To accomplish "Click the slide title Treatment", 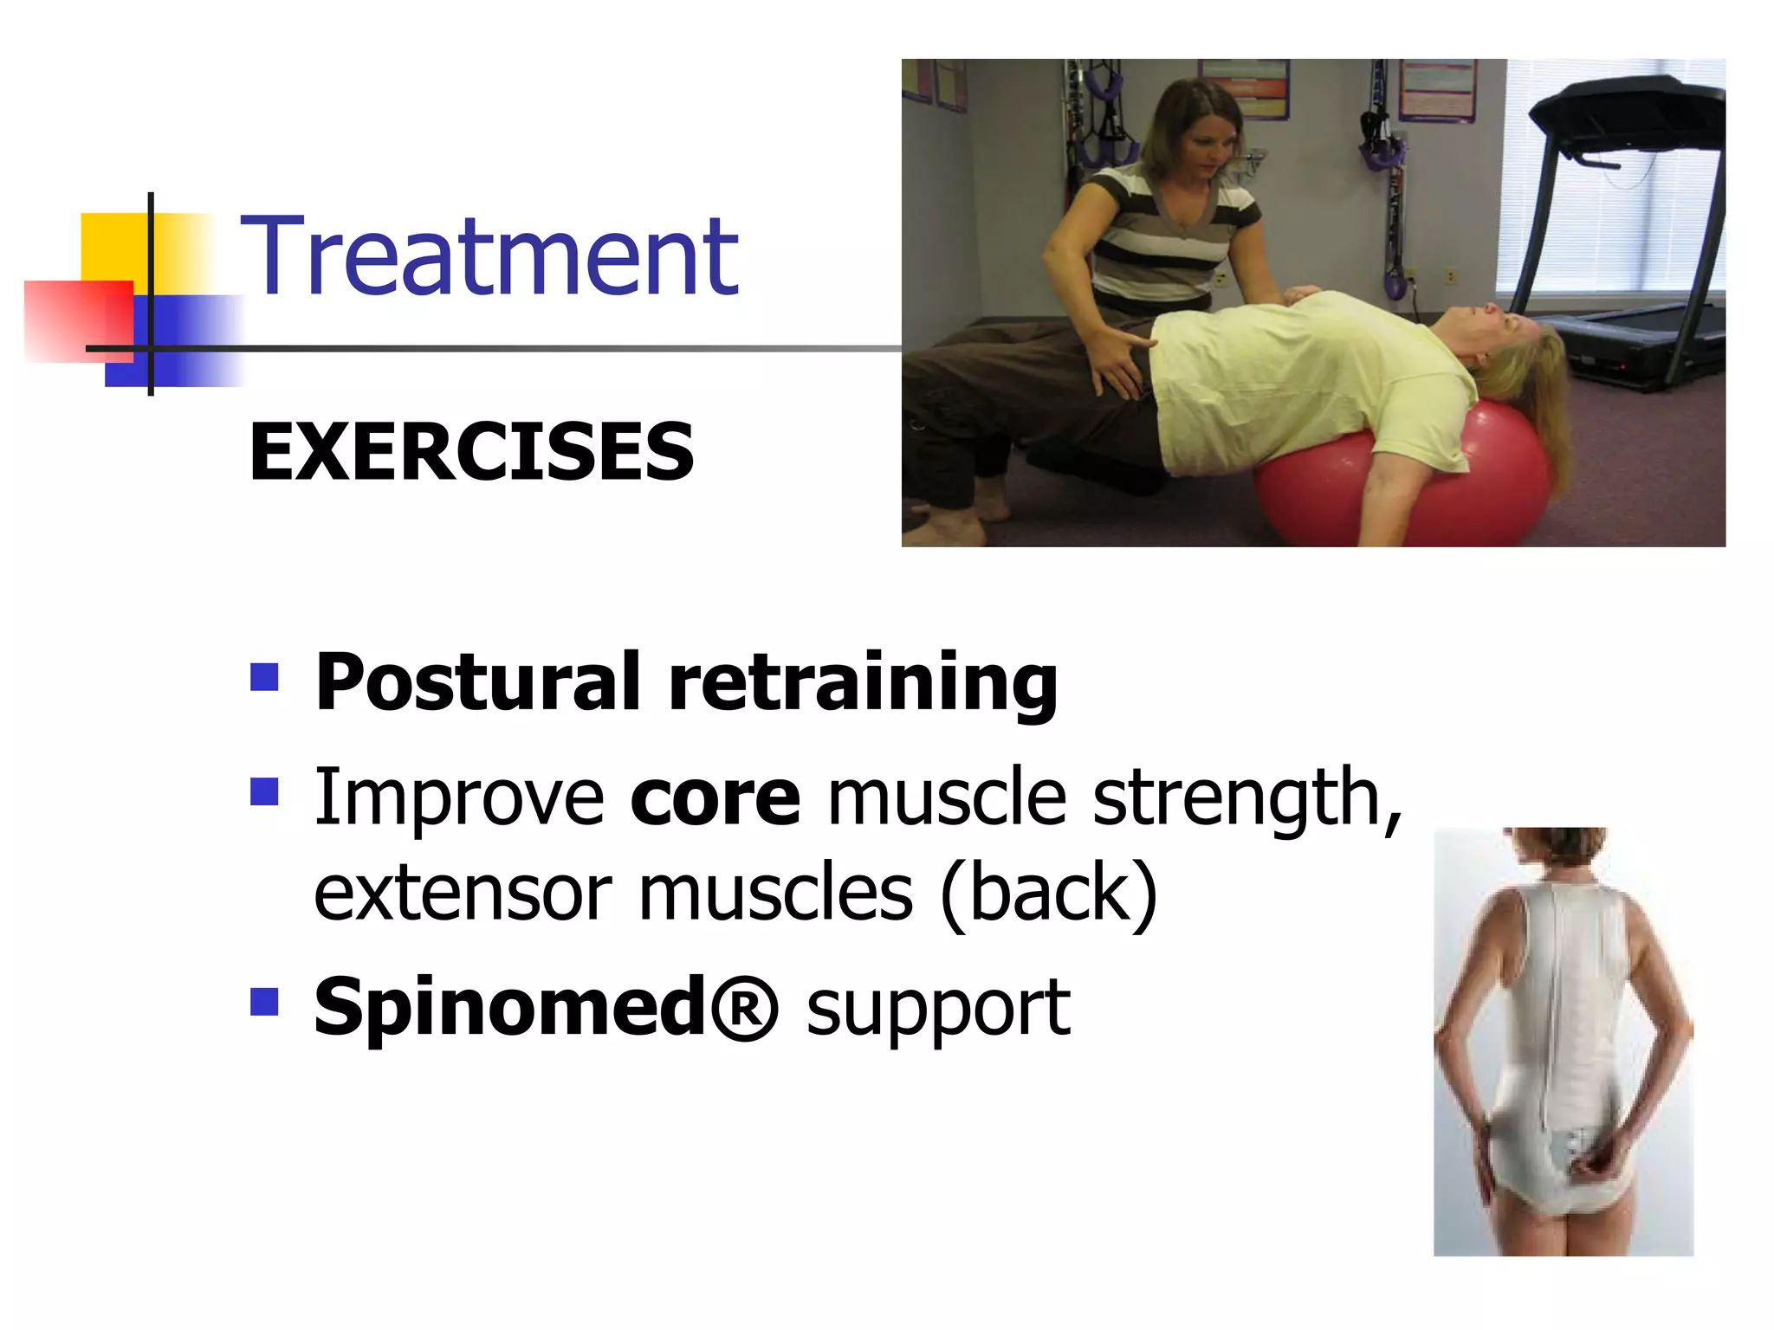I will (489, 257).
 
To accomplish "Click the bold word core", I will (715, 797).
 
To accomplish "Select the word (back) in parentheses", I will (1049, 893).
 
